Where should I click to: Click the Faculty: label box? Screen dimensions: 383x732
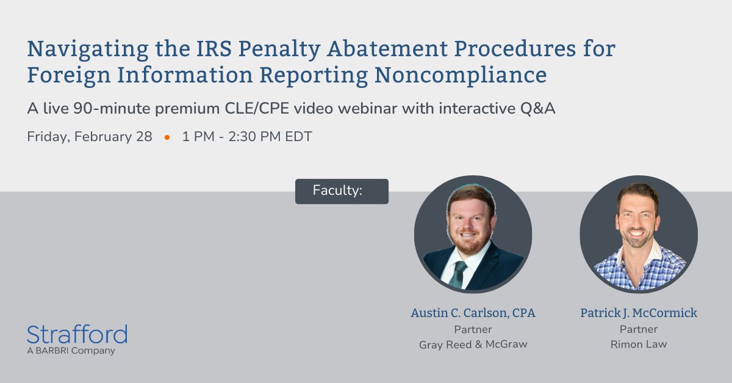point(342,191)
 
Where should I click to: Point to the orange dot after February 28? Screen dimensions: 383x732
point(167,137)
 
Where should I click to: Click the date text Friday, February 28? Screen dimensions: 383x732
point(90,137)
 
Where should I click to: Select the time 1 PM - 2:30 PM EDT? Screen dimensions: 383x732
point(247,137)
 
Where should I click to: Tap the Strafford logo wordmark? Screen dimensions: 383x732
point(77,335)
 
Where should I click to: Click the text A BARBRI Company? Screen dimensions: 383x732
point(71,351)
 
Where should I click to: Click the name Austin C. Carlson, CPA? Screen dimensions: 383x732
point(473,313)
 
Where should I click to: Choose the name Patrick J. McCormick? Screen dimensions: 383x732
point(639,313)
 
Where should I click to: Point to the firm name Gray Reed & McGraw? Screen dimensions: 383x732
point(473,345)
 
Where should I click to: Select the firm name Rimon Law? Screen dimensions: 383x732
point(639,345)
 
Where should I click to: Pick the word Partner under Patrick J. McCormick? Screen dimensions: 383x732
point(639,329)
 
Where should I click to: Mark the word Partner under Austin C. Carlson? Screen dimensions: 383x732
point(473,329)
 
